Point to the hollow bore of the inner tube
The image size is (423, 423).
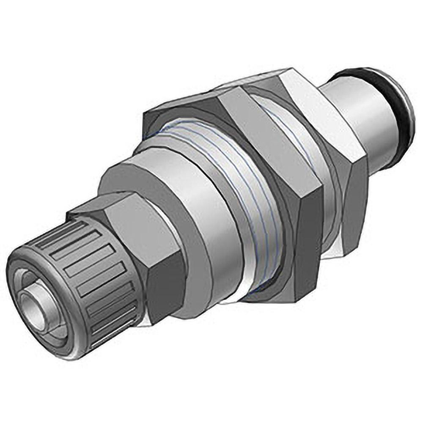[x=33, y=304]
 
